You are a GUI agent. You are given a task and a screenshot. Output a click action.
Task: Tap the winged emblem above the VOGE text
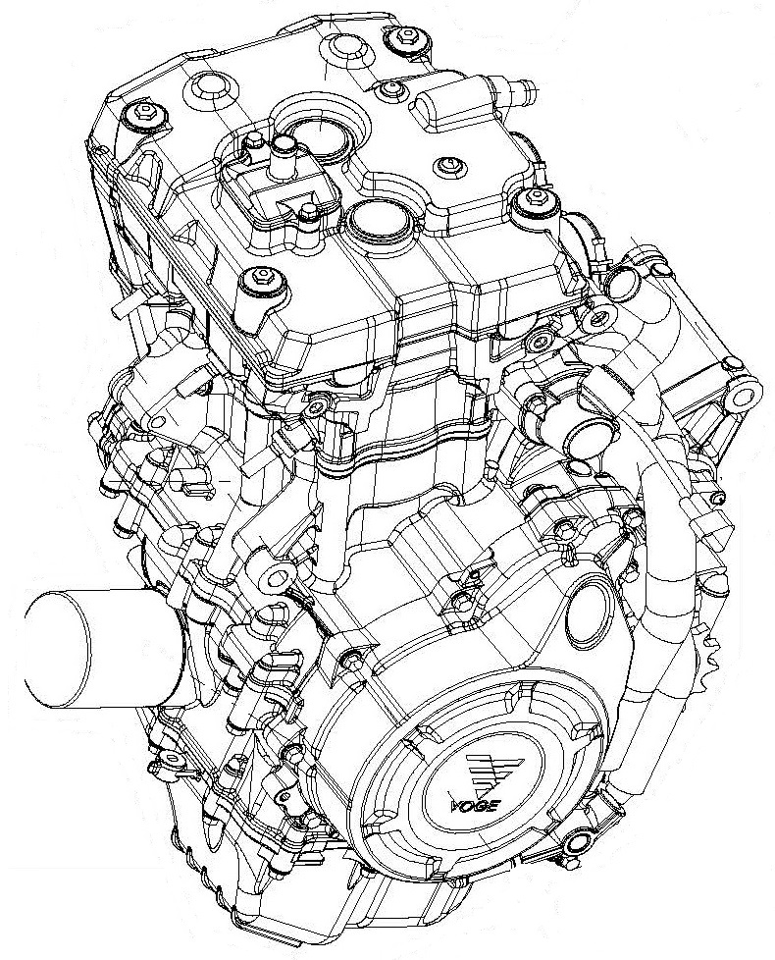(x=491, y=769)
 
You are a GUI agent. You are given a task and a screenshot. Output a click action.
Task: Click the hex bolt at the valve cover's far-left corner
(x=146, y=113)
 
